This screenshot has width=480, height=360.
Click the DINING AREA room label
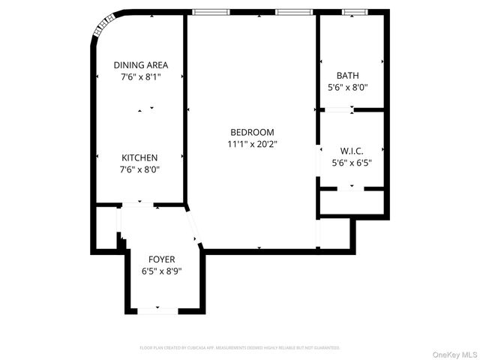tap(140, 64)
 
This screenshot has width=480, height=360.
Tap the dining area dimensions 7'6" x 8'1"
tap(140, 76)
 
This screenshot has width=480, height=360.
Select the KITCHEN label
tap(140, 157)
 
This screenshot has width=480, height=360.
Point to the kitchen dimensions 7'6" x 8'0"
tap(140, 169)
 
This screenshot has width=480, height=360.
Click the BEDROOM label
tap(252, 132)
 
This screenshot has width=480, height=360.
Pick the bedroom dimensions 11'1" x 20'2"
tap(252, 144)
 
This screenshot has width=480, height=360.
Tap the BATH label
tap(348, 75)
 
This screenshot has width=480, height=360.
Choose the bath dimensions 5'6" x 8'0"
tap(348, 87)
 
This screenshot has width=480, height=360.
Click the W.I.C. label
tap(352, 150)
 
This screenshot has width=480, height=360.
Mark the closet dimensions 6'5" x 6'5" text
tap(352, 162)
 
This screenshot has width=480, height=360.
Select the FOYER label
tap(161, 259)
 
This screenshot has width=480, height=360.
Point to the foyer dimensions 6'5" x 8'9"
tap(161, 271)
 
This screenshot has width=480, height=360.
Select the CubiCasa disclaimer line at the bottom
tap(240, 348)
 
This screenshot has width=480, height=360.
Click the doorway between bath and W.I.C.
tap(340, 110)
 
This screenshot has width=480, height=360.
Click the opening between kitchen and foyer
tap(138, 204)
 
